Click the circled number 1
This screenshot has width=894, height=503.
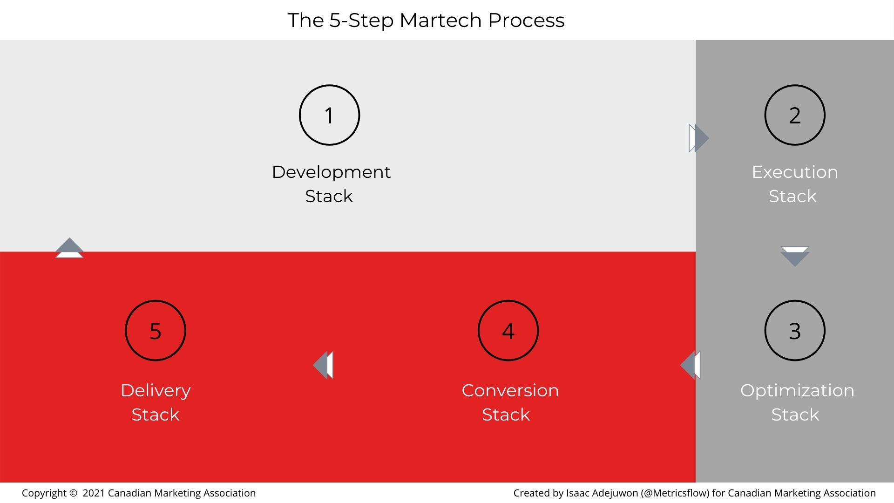tap(329, 115)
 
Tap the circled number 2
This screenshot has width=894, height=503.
tap(795, 115)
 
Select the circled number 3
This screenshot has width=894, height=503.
tap(795, 331)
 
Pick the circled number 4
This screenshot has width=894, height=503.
tap(508, 331)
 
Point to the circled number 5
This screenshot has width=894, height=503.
tap(156, 331)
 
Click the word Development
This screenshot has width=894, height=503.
tap(331, 172)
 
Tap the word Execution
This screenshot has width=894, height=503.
tap(795, 172)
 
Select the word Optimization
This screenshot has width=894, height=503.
tap(797, 391)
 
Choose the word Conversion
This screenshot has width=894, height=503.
tap(510, 391)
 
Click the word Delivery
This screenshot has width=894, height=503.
tap(156, 391)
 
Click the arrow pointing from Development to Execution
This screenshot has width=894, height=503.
tap(699, 138)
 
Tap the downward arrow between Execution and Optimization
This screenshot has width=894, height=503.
tap(795, 257)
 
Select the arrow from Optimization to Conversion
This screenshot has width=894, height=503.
tap(690, 365)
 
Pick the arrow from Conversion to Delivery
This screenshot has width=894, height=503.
tap(323, 365)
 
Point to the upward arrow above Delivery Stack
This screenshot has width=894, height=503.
tap(69, 248)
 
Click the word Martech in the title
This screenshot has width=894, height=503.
tap(440, 20)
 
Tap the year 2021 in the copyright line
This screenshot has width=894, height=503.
tap(94, 493)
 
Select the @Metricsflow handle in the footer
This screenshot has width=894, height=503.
tap(675, 493)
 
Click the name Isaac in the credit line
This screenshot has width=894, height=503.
tap(577, 493)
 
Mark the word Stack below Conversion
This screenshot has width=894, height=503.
tap(506, 415)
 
